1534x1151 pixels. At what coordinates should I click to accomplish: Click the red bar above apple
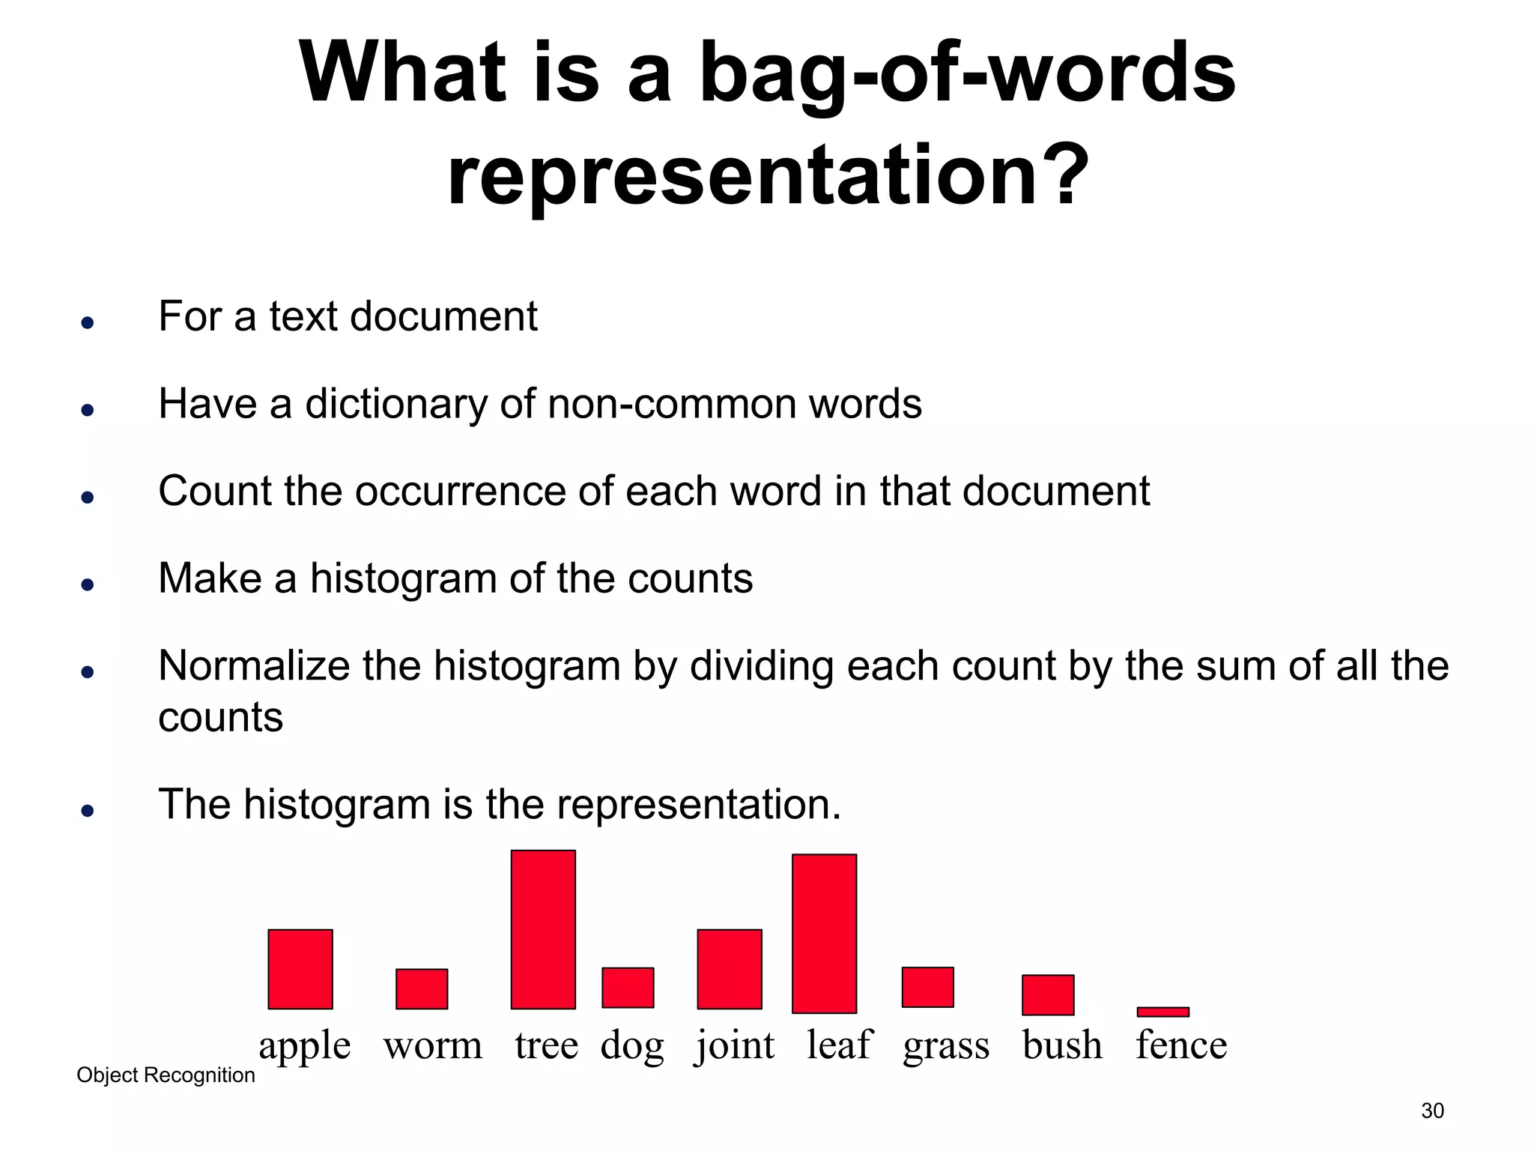(x=300, y=969)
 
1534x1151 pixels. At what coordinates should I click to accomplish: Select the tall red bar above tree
(x=543, y=929)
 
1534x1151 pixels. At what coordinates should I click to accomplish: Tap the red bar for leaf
(x=824, y=934)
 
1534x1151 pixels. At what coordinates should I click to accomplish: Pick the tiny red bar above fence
(x=1162, y=1012)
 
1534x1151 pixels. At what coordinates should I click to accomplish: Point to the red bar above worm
(x=422, y=989)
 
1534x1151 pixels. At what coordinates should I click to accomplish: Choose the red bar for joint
(x=730, y=969)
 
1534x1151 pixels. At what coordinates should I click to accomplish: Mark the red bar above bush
(x=1048, y=995)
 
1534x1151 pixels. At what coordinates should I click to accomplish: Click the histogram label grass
(x=946, y=1045)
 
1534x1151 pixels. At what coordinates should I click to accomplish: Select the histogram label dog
(x=632, y=1045)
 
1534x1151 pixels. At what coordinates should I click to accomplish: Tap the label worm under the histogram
(x=433, y=1045)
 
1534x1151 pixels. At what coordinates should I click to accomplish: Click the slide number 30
(x=1432, y=1111)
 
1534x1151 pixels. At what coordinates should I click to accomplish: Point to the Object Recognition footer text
(x=166, y=1075)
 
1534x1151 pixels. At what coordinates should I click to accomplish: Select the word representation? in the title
(x=767, y=176)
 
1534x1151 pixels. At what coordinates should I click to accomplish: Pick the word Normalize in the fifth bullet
(x=253, y=666)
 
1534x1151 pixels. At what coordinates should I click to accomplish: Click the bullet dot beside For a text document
(x=88, y=323)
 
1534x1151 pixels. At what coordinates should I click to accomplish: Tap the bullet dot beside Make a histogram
(x=88, y=585)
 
